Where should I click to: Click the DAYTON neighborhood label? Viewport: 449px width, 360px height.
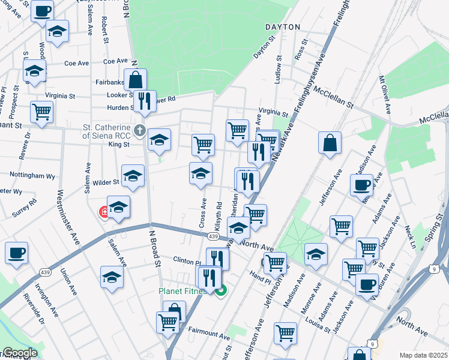282,27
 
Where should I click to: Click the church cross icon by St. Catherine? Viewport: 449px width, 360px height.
140,130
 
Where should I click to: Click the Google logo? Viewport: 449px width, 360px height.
20,353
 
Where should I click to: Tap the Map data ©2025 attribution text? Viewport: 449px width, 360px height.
423,355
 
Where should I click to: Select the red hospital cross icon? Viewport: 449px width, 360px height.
104,212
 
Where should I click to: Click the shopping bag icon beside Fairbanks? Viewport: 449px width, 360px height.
136,79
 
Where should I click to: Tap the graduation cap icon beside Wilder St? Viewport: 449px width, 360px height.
133,175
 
